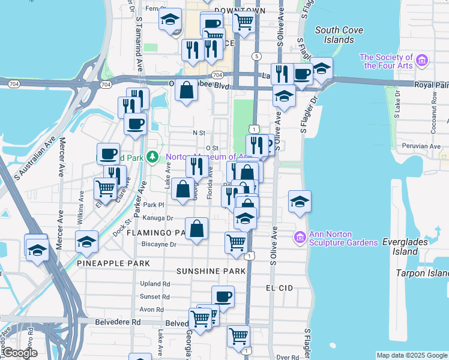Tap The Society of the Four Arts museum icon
coord(422,60)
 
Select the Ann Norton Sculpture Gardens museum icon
coord(300,238)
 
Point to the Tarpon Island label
coord(422,273)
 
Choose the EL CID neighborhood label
coord(279,288)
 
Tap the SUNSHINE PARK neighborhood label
coord(211,271)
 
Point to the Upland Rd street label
coord(155,284)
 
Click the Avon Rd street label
coord(152,310)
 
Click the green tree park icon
coord(153,157)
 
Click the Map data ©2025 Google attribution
coord(411,355)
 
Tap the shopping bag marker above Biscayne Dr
coord(197,229)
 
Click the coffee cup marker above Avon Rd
coord(223,296)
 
